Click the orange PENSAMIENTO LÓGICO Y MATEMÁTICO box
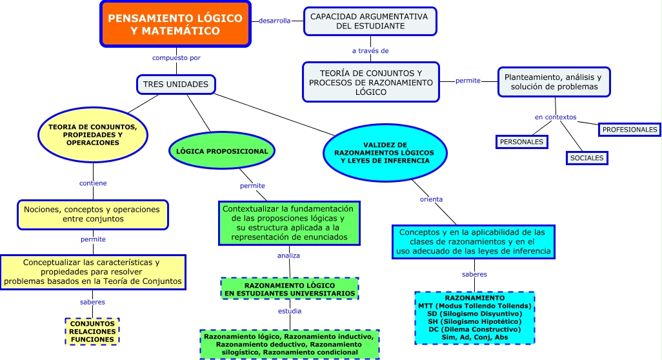click(176, 25)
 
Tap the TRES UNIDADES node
click(176, 85)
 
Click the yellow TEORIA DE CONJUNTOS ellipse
click(92, 135)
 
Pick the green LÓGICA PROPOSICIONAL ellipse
click(222, 152)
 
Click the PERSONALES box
click(521, 141)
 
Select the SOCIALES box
click(587, 157)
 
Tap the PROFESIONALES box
click(629, 130)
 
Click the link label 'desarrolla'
click(274, 21)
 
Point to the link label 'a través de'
click(370, 50)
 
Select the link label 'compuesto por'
click(176, 57)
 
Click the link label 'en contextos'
click(556, 117)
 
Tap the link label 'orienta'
click(431, 199)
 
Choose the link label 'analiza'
click(288, 255)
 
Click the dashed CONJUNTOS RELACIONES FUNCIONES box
click(92, 331)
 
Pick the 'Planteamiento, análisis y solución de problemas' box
click(554, 82)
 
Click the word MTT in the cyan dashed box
click(425, 305)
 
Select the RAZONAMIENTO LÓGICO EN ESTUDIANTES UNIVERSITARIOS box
click(289, 289)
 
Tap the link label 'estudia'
click(290, 311)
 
